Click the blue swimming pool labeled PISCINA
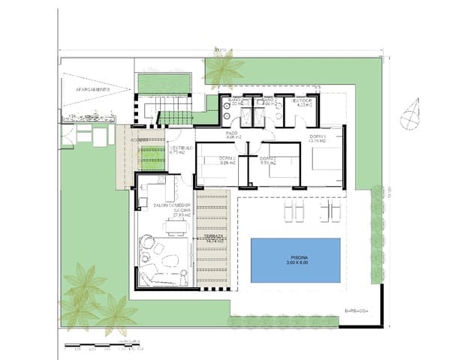(x=295, y=259)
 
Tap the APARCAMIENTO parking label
(x=93, y=89)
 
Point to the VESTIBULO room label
(x=181, y=151)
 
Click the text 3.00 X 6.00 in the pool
(x=295, y=264)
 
